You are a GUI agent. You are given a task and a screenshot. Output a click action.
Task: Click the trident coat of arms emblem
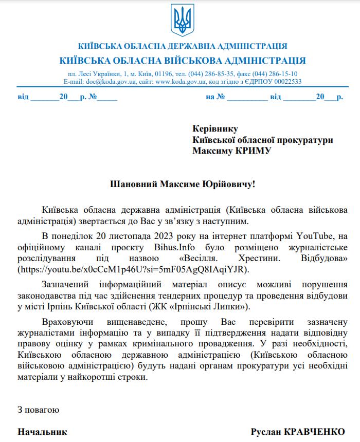(182, 21)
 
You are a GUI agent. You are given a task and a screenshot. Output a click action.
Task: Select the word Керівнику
(215, 129)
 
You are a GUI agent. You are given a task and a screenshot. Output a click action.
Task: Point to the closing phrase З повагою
(39, 410)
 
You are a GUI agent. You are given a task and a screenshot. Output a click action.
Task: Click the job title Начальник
(43, 432)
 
